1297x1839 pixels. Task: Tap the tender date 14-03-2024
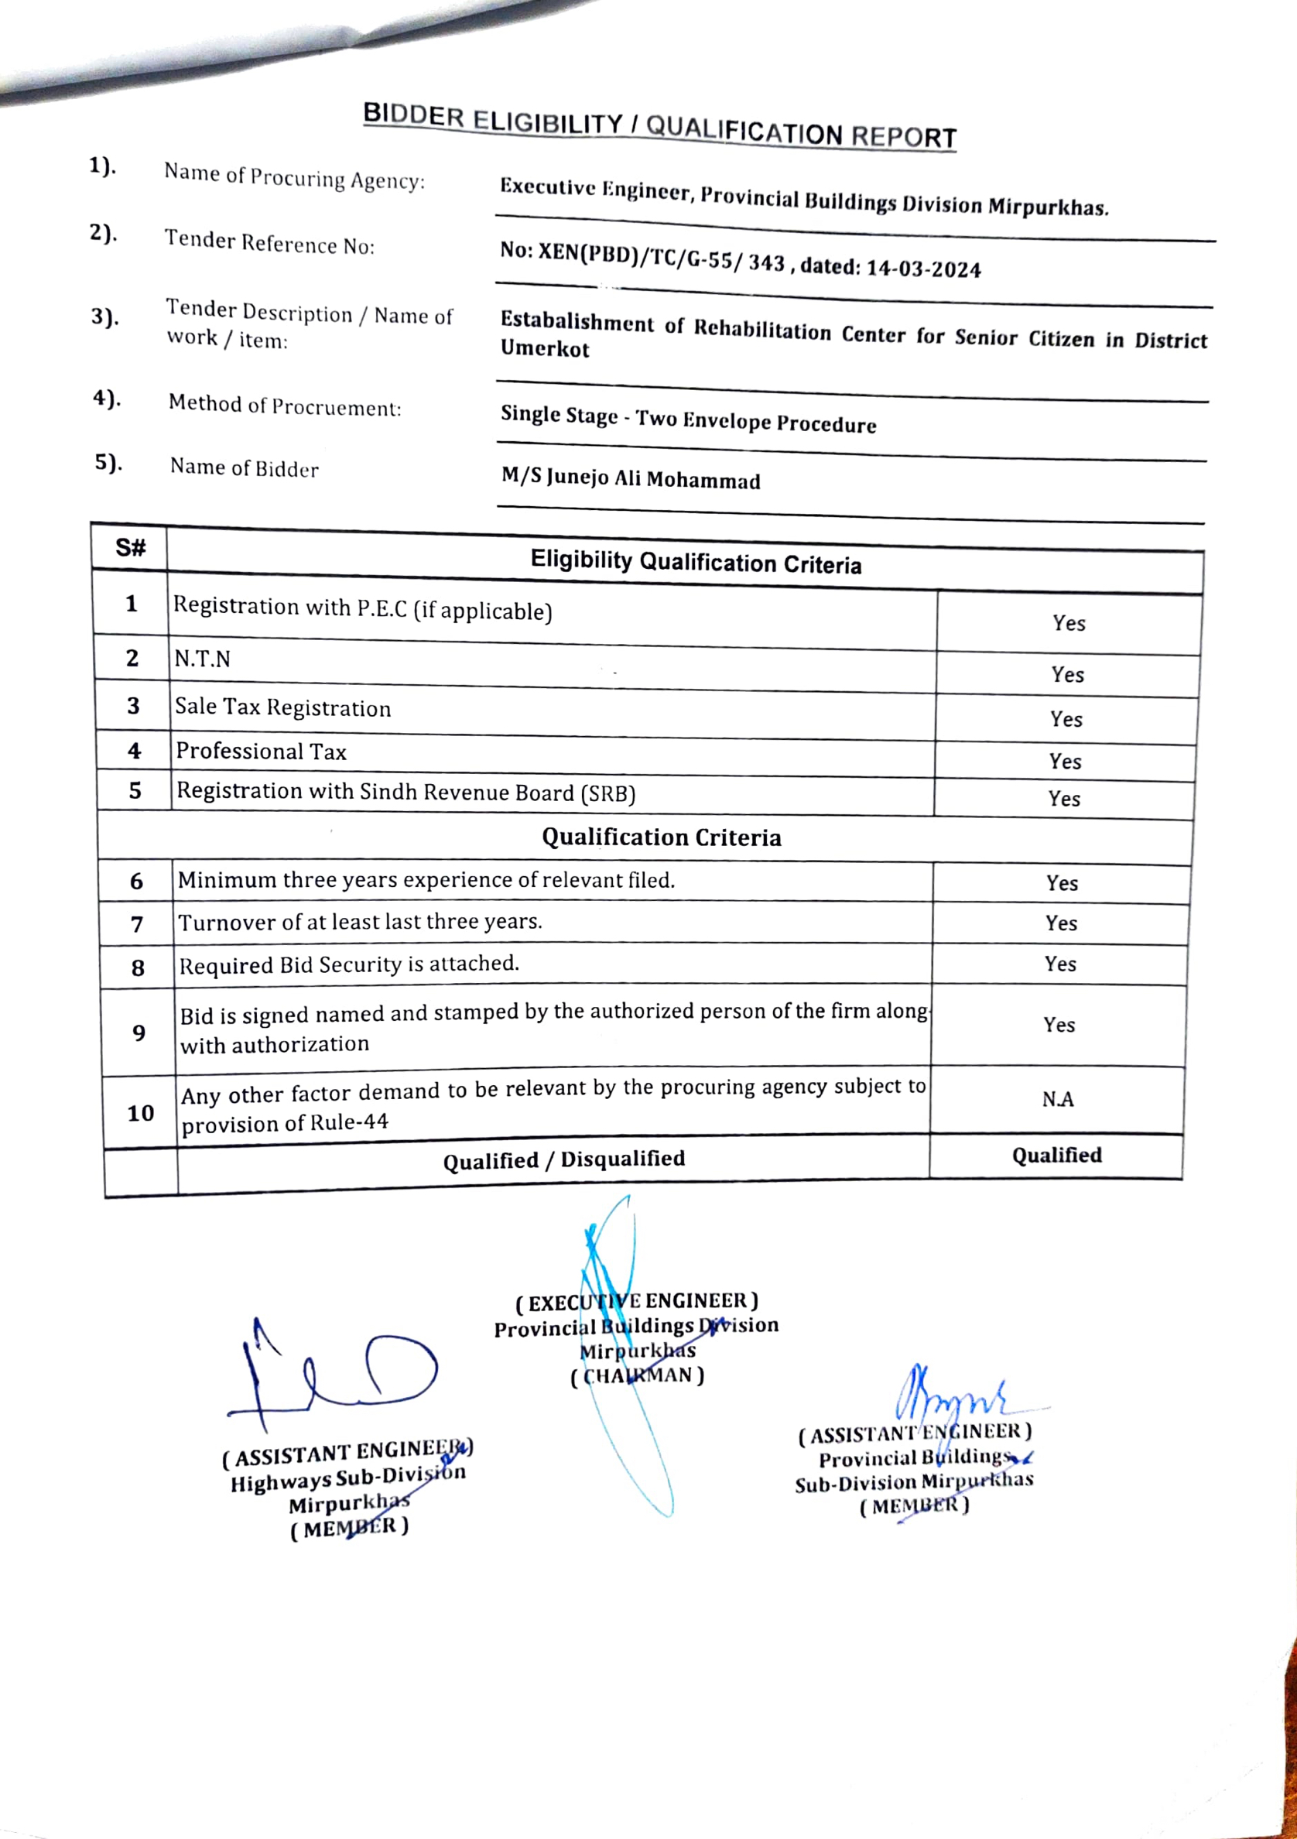[923, 269]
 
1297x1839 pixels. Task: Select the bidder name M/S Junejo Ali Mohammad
[631, 479]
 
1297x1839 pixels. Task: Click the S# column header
[131, 548]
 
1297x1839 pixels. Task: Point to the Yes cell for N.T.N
[1067, 674]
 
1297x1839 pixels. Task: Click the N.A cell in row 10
[1058, 1100]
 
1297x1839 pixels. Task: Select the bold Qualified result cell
[1056, 1155]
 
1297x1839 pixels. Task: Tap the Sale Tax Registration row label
[282, 707]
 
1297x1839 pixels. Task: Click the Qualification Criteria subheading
[662, 837]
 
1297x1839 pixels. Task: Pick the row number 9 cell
[139, 1033]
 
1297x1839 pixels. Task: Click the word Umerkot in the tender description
[546, 349]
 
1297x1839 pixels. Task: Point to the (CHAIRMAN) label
[638, 1376]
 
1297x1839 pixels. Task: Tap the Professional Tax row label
[261, 752]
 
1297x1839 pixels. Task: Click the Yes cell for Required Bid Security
[1060, 964]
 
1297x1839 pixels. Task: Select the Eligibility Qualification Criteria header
[696, 562]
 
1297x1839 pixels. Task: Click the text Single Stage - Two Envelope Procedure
[688, 419]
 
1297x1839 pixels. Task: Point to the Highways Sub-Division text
[347, 1478]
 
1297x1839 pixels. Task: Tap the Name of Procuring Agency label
[295, 176]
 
